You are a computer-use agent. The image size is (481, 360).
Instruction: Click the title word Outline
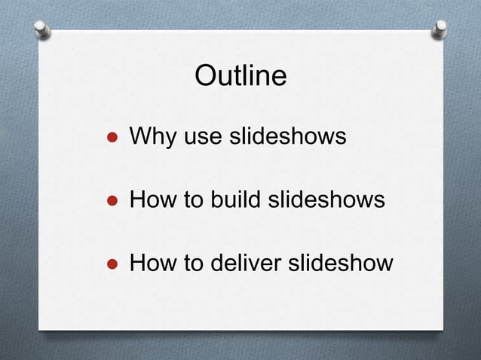coord(240,75)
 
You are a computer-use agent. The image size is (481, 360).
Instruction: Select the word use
coord(198,138)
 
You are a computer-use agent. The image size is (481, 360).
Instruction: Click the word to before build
coord(188,201)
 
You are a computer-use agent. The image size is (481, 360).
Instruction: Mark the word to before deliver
coord(188,264)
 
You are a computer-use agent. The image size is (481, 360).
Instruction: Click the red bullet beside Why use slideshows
coord(111,139)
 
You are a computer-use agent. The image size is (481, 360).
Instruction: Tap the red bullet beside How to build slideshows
coord(111,202)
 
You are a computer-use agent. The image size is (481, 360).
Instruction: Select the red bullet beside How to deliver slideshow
coord(111,265)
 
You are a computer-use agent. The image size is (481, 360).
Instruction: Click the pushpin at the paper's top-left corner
coord(43,29)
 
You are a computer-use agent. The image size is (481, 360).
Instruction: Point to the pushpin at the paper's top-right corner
coord(440,29)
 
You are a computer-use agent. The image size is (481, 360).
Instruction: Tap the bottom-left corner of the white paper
coord(40,328)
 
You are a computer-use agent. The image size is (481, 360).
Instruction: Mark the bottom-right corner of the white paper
coord(443,328)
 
